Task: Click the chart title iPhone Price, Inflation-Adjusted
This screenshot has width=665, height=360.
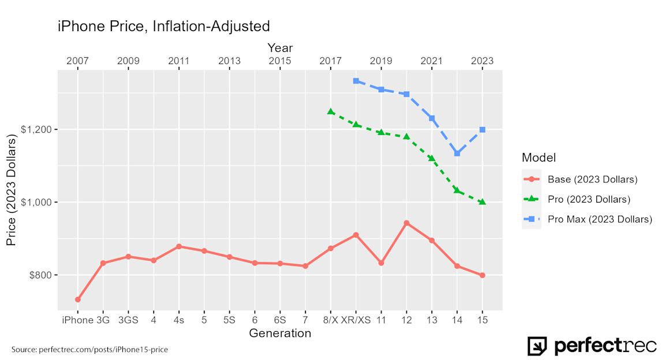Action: tap(163, 26)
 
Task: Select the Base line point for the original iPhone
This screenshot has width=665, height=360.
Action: tap(77, 299)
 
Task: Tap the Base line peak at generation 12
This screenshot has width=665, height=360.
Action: tap(406, 223)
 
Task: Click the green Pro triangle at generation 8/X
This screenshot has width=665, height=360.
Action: tap(331, 111)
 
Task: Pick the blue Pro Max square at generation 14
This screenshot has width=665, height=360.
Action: tap(457, 153)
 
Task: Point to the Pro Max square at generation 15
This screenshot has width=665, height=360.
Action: tap(483, 130)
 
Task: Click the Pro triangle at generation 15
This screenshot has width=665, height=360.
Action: tap(483, 202)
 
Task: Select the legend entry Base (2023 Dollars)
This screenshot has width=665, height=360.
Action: tap(592, 179)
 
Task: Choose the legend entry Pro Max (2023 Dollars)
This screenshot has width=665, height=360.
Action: tap(600, 219)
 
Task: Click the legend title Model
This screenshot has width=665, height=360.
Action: tap(539, 157)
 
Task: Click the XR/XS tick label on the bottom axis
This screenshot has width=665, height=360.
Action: tap(356, 320)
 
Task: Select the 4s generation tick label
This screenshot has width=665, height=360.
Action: tap(179, 320)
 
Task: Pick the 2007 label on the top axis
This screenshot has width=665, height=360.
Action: tap(77, 61)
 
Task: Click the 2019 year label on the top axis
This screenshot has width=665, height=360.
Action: tap(381, 61)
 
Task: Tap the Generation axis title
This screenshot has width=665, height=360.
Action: tap(280, 333)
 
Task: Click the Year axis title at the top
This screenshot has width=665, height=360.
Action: tap(280, 48)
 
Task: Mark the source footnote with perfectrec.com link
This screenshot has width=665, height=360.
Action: tap(89, 350)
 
